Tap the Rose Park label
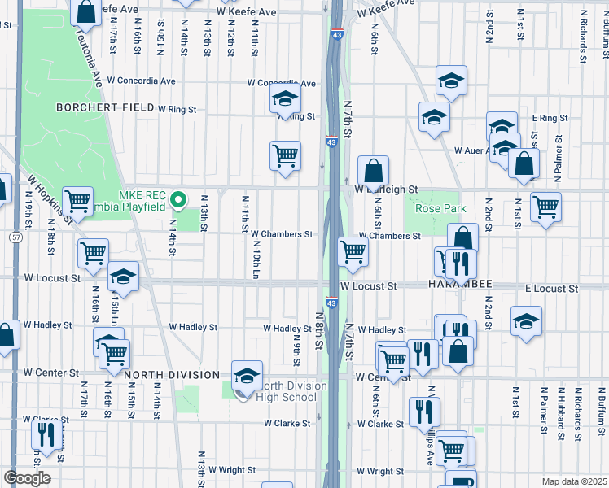pos(440,209)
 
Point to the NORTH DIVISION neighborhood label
pos(172,375)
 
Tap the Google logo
pos(27,478)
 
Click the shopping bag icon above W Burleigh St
pos(373,172)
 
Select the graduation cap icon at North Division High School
pos(247,377)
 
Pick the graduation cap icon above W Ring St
pos(284,99)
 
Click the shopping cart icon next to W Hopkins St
pos(77,199)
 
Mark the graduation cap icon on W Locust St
pos(123,277)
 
